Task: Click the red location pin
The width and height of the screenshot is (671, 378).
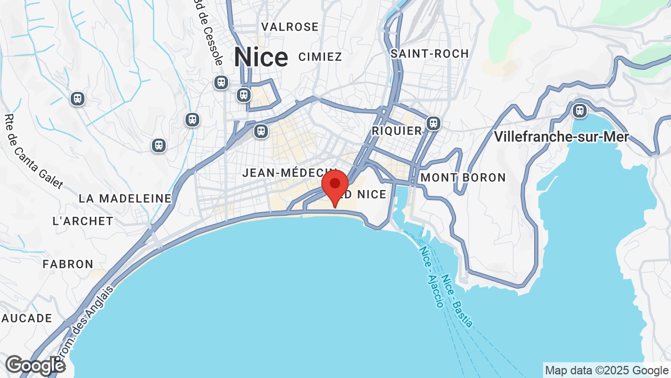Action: tap(335, 186)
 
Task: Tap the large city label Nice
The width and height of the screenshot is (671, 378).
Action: tap(261, 57)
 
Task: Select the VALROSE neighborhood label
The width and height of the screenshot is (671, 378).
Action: tap(290, 27)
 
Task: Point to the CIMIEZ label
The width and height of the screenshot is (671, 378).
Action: tap(320, 57)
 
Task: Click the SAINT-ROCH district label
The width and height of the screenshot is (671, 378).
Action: tap(429, 54)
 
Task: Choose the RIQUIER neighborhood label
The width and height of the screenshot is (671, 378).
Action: tap(397, 130)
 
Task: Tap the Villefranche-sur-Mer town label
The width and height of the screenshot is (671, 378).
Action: tap(561, 137)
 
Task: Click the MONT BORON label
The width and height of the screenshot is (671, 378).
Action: tap(463, 177)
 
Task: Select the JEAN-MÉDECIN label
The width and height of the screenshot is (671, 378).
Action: tap(288, 173)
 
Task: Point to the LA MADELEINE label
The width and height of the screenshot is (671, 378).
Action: tap(125, 198)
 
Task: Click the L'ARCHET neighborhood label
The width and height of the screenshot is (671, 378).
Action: tap(83, 221)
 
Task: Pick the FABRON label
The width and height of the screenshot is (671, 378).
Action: tap(68, 264)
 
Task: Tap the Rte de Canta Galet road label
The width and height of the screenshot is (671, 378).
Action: tap(33, 152)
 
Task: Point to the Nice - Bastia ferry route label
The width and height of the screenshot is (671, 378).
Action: tap(457, 301)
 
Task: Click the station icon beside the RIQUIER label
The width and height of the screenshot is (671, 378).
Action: tap(433, 123)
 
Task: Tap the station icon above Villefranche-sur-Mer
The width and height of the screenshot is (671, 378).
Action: tap(579, 110)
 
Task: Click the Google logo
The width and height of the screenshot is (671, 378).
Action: tap(35, 365)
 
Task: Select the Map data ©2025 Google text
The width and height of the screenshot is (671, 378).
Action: tap(606, 371)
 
